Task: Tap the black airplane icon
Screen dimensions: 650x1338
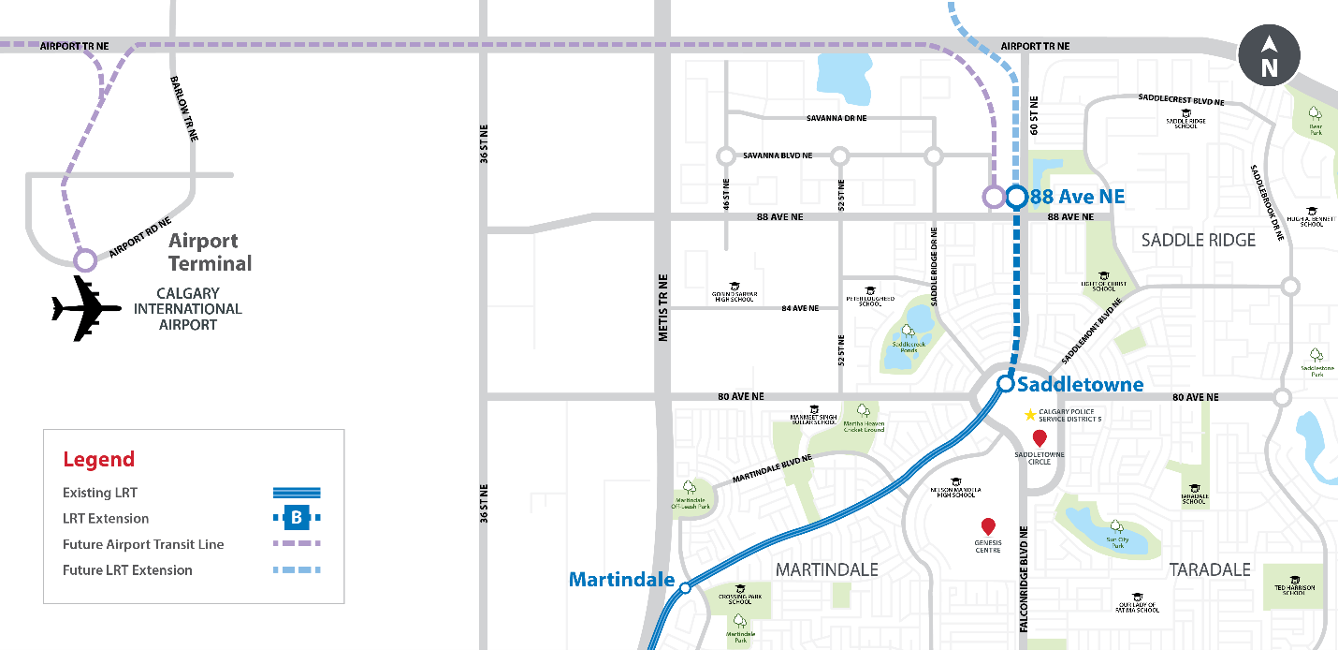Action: click(x=85, y=307)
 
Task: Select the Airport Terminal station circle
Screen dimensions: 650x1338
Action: click(x=85, y=259)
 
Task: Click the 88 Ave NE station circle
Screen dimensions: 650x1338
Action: click(x=1017, y=198)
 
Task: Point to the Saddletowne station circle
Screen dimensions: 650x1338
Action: click(x=1005, y=383)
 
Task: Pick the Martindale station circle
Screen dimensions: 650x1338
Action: click(x=685, y=588)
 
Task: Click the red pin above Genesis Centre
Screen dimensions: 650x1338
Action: click(x=987, y=526)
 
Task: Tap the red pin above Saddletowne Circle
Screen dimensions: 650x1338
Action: click(x=1039, y=438)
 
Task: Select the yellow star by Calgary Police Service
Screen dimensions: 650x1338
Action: click(x=1030, y=415)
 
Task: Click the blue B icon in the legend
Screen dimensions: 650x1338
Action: click(x=297, y=517)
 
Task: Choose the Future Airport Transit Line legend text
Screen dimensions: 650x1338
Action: click(x=143, y=544)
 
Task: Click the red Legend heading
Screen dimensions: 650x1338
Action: click(x=99, y=460)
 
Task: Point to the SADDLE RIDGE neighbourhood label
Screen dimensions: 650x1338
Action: click(x=1199, y=241)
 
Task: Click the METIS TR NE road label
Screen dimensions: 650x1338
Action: click(x=662, y=306)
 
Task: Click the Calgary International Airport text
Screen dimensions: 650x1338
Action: click(x=187, y=309)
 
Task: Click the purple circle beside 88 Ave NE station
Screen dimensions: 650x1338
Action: click(x=993, y=198)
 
